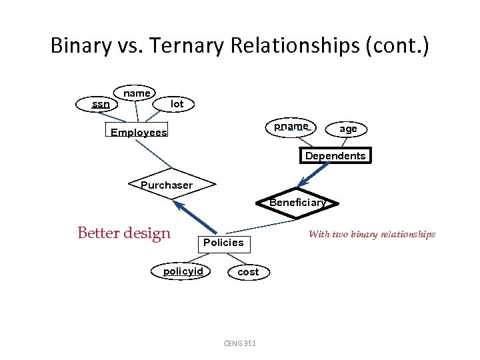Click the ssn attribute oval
point(101,104)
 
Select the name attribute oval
point(136,93)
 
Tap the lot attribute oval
point(177,104)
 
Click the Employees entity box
point(138,132)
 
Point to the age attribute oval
point(347,129)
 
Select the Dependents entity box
point(335,156)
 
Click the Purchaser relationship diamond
point(167,185)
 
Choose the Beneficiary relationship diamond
point(297,202)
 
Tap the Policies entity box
point(223,243)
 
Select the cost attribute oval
point(248,272)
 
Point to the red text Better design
point(124,233)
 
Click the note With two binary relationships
point(371,234)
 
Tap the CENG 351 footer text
point(240,343)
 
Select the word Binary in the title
point(79,46)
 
